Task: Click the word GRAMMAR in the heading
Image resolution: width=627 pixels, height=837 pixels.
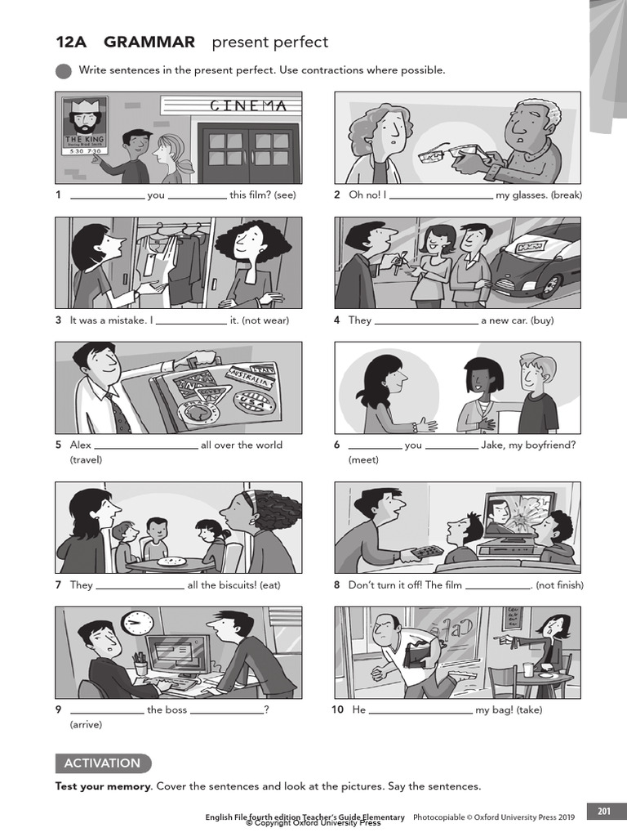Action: pos(149,42)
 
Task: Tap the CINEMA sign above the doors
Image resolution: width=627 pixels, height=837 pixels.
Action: pos(248,105)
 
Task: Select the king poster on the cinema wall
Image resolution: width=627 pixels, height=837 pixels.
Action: pos(85,125)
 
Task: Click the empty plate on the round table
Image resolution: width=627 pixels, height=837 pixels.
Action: pos(171,561)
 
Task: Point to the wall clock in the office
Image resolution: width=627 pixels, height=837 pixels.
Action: pos(137,622)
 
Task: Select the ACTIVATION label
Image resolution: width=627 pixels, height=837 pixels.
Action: pos(102,763)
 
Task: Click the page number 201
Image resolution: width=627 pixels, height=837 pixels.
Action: pos(603,811)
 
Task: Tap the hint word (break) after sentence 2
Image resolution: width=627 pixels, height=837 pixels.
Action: pos(567,195)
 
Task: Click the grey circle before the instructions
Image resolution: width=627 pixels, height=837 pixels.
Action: pos(64,71)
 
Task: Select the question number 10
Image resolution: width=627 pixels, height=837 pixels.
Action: pos(337,709)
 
